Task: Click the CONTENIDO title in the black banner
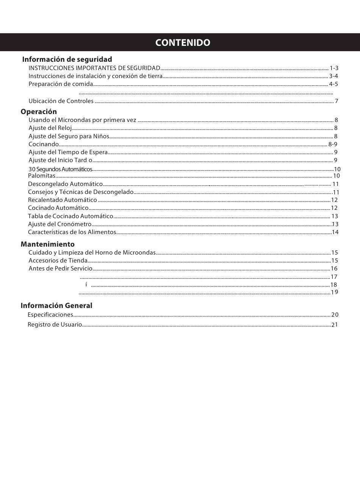[x=182, y=42]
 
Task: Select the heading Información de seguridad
[x=67, y=59]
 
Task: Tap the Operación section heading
[x=39, y=112]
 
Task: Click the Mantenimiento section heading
[x=47, y=244]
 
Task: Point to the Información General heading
[x=56, y=306]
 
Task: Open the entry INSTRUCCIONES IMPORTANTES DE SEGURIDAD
[x=94, y=68]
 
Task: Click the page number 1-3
[x=334, y=68]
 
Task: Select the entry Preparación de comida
[x=61, y=84]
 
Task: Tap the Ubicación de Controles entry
[x=61, y=101]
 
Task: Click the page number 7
[x=337, y=101]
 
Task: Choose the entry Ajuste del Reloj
[x=50, y=128]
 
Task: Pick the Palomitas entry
[x=42, y=176]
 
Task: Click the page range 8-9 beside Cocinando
[x=333, y=144]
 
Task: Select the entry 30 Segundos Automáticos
[x=60, y=169]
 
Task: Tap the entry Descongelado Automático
[x=65, y=184]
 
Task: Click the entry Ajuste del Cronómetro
[x=60, y=224]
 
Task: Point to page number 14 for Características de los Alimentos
[x=335, y=232]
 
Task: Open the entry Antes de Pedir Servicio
[x=61, y=269]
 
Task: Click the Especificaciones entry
[x=50, y=315]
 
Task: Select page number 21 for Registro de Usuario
[x=334, y=325]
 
